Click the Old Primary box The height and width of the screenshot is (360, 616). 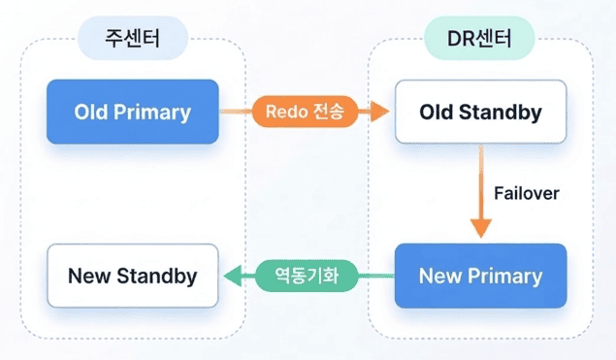(133, 112)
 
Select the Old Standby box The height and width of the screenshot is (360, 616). (480, 112)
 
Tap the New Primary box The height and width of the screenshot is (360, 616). (480, 276)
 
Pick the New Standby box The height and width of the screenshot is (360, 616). (133, 276)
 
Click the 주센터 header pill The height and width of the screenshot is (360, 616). (133, 38)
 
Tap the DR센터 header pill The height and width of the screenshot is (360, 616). (479, 38)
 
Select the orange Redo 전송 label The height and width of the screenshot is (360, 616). (305, 112)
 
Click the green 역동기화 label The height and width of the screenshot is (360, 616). (307, 276)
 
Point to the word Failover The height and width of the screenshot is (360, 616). (527, 193)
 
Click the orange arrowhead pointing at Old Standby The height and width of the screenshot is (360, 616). (378, 112)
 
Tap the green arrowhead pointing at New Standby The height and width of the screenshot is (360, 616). (233, 276)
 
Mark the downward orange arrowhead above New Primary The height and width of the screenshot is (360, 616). (481, 229)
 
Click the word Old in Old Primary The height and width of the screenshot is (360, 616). (91, 112)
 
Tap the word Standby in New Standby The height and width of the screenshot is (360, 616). (157, 276)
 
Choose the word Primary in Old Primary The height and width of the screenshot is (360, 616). (152, 113)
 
